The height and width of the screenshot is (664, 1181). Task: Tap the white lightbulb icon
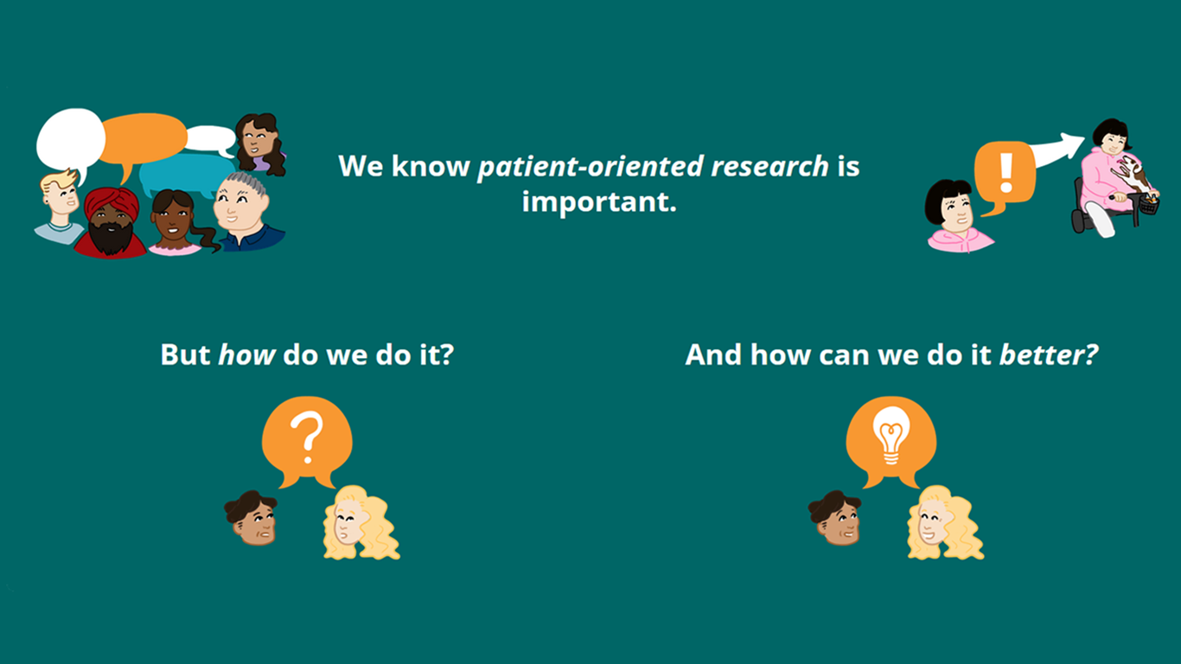pyautogui.click(x=891, y=435)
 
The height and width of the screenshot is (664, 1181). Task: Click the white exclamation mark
pyautogui.click(x=1006, y=172)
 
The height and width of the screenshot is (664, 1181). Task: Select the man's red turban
pyautogui.click(x=112, y=203)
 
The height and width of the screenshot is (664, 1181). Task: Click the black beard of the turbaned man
pyautogui.click(x=111, y=238)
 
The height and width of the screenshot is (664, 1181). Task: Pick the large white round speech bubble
pyautogui.click(x=70, y=140)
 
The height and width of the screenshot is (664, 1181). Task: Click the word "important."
pyautogui.click(x=599, y=202)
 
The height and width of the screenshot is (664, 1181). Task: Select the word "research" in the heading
pyautogui.click(x=769, y=166)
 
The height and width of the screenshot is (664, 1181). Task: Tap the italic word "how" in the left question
pyautogui.click(x=246, y=354)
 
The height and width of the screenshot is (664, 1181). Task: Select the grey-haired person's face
pyautogui.click(x=239, y=203)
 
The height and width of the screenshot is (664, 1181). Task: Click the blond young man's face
pyautogui.click(x=61, y=195)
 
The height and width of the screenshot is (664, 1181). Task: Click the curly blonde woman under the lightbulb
pyautogui.click(x=944, y=523)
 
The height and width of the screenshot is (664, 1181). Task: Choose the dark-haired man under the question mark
pyautogui.click(x=252, y=518)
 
